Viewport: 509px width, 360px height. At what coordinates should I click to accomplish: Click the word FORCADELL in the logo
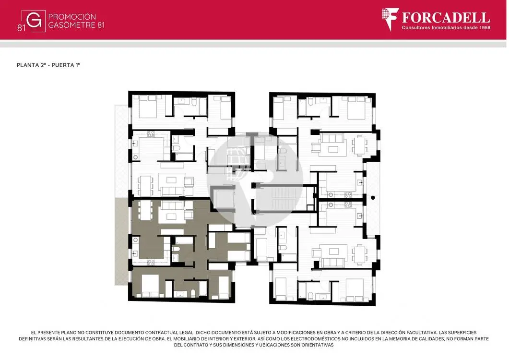coord(446,18)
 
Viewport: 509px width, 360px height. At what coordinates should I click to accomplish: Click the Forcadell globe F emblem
coord(390,19)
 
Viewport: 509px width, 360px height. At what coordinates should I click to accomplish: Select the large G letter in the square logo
coord(34,21)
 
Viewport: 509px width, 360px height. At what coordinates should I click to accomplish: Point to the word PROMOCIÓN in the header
coord(72,17)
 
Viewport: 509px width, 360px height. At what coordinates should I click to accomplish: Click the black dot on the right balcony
coord(373,198)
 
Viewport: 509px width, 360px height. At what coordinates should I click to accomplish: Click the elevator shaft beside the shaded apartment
coord(223,199)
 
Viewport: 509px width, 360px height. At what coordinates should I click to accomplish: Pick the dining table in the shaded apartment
coord(145,210)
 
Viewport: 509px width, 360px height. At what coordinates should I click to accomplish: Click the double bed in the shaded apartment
coord(150,286)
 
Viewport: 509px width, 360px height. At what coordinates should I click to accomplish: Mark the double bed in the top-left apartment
coord(148,106)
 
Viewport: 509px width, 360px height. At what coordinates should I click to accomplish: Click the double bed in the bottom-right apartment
coord(355,290)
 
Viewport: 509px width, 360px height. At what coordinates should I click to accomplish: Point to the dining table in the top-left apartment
coord(145,186)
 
